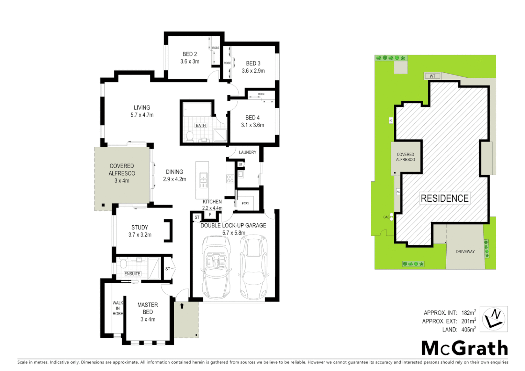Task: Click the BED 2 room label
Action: [190, 54]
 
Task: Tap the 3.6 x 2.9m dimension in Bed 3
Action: [253, 71]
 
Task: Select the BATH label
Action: [201, 125]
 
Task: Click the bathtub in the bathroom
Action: [197, 110]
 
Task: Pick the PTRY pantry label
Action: [245, 203]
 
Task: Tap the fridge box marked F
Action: [210, 215]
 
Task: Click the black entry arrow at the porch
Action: [182, 306]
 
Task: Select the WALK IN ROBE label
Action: [118, 308]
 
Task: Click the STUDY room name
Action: [139, 227]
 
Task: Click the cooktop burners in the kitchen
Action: [230, 179]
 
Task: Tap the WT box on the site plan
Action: [432, 76]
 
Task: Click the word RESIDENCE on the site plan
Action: [445, 198]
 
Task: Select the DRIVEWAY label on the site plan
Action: [465, 251]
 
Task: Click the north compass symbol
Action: [493, 319]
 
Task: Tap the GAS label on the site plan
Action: [386, 217]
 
